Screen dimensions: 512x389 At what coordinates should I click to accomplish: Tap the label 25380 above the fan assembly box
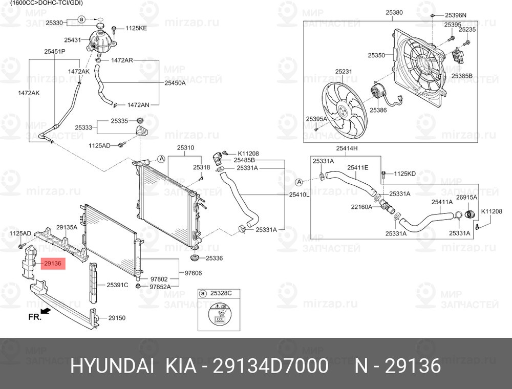tap(394, 12)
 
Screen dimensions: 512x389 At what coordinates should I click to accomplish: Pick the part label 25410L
tap(299, 195)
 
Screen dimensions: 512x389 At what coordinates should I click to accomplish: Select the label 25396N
tap(456, 15)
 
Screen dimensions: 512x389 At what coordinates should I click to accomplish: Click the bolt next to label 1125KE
tap(114, 29)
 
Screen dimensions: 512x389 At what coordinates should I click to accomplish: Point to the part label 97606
tap(194, 273)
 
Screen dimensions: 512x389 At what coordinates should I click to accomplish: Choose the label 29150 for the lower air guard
tap(117, 318)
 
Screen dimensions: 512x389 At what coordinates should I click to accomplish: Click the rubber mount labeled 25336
tap(195, 257)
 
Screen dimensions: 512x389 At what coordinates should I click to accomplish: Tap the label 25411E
tap(357, 168)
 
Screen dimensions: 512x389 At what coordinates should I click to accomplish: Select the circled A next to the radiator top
tap(161, 159)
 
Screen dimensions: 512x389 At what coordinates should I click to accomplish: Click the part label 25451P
tap(55, 51)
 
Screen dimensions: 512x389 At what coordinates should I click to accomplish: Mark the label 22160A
tap(361, 207)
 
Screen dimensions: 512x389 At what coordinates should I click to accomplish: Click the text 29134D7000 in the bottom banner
tap(270, 365)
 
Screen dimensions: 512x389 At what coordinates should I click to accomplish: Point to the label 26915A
tap(466, 198)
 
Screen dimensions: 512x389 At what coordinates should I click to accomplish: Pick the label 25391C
tap(118, 285)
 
